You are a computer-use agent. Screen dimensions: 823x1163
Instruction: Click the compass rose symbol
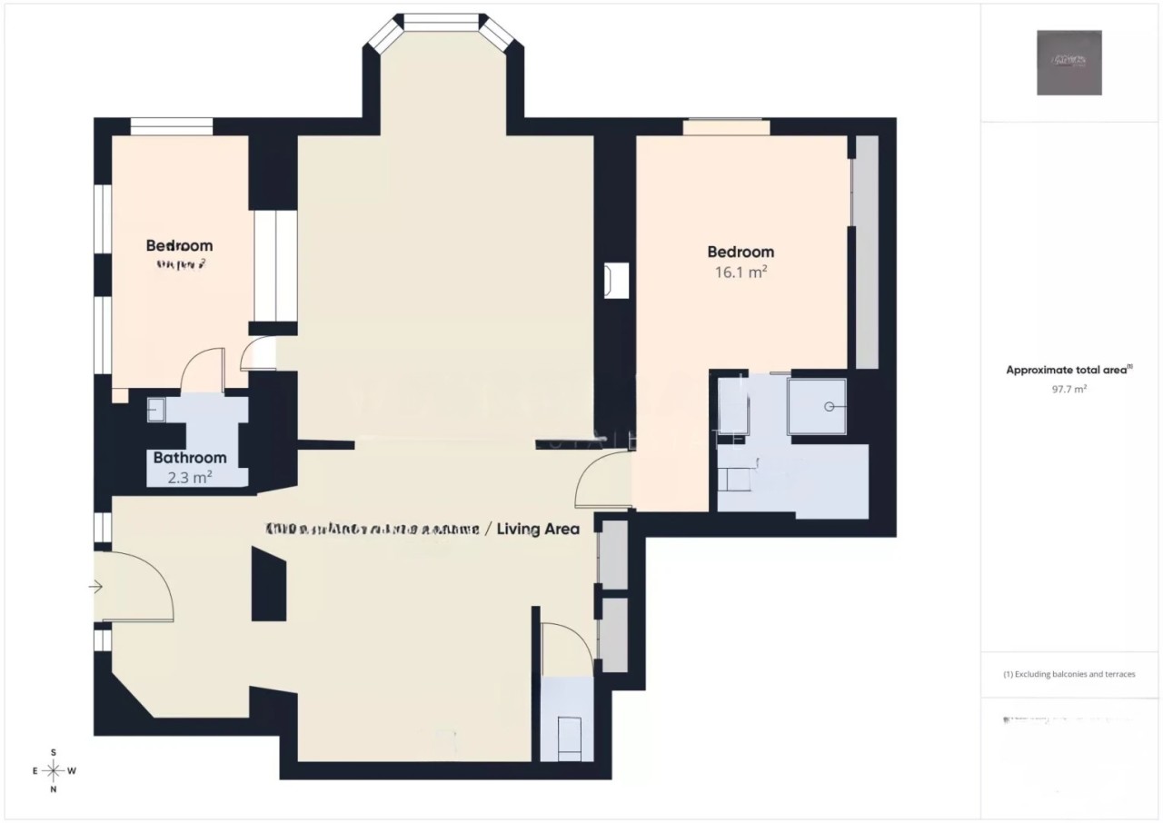click(54, 771)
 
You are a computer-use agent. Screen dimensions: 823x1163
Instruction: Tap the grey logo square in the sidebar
click(1069, 63)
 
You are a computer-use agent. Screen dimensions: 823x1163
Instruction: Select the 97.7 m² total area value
click(1069, 388)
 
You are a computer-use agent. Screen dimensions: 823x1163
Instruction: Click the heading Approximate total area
click(1069, 370)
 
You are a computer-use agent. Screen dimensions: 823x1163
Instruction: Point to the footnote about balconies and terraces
click(1069, 674)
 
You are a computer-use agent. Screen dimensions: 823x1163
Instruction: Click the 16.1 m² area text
click(741, 272)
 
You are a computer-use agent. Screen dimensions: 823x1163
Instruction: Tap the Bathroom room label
click(190, 458)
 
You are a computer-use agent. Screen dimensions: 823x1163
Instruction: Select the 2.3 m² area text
click(190, 476)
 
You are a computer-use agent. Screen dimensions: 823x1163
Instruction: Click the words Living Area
click(540, 528)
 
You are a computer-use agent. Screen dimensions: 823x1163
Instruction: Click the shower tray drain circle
click(828, 407)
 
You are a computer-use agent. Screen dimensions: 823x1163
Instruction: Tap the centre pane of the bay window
click(441, 22)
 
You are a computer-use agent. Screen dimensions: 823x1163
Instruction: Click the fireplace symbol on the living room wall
click(617, 281)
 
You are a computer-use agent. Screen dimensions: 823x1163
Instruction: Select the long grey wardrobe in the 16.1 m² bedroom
click(867, 252)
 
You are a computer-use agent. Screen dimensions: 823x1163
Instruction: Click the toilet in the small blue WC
click(569, 736)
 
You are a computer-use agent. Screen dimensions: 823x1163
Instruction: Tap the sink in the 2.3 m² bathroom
click(156, 410)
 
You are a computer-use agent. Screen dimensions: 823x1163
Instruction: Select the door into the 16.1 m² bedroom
click(603, 481)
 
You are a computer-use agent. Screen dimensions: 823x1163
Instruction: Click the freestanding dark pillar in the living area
click(269, 590)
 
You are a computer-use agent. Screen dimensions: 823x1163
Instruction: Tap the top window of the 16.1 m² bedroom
click(726, 127)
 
